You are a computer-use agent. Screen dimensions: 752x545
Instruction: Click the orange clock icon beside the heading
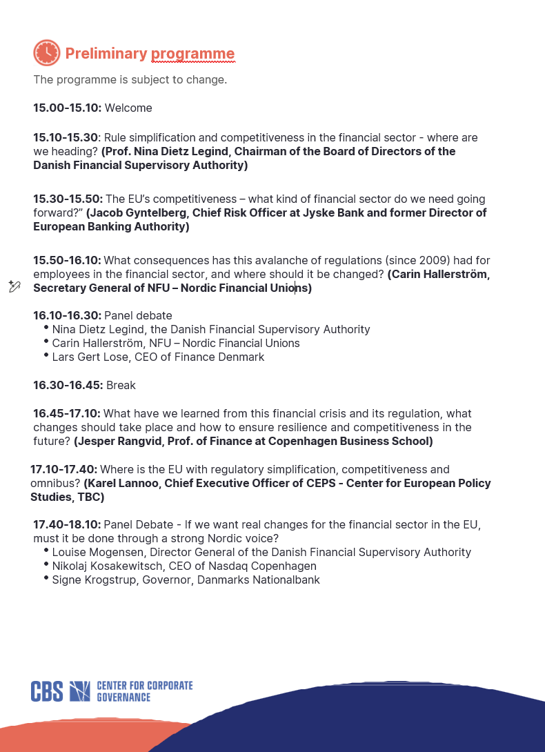coord(47,53)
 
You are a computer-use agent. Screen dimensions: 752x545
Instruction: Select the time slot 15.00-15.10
coord(67,108)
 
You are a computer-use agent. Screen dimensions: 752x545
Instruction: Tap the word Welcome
coord(128,108)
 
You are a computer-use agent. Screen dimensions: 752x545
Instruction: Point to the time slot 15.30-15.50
coord(68,199)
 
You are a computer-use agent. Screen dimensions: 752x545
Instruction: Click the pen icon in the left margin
coord(14,286)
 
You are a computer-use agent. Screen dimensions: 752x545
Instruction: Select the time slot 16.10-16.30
coord(67,316)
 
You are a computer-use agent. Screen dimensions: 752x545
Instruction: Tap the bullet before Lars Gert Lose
coord(46,356)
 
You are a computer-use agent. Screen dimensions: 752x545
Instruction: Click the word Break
coord(121,386)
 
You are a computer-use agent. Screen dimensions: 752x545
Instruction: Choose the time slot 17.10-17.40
coord(63,470)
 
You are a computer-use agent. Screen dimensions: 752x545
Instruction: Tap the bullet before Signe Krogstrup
coord(46,579)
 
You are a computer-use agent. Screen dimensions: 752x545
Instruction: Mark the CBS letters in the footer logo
coord(47,691)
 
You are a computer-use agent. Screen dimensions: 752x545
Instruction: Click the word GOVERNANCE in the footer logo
coord(123,697)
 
